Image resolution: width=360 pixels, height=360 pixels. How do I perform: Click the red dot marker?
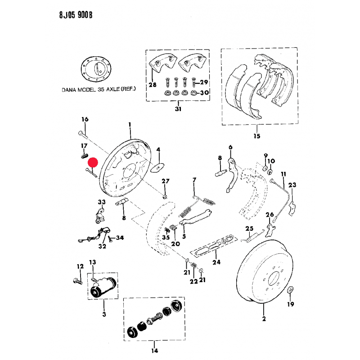pos(93,162)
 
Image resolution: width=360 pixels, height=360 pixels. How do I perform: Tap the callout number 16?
pos(85,119)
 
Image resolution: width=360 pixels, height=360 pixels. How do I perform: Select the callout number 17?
pos(84,146)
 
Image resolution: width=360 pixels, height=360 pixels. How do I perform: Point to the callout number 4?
pos(158,149)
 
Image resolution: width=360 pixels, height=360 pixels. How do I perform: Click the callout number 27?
pos(166,181)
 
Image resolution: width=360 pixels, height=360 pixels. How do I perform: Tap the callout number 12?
pos(80,266)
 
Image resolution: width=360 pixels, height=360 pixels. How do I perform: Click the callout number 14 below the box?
pos(154,351)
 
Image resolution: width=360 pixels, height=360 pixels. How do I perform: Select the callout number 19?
pos(290,305)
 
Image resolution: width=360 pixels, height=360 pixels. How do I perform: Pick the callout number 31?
pos(178,108)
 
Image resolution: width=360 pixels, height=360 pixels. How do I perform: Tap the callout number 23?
pos(292,185)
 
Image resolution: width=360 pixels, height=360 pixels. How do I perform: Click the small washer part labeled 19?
pos(290,289)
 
